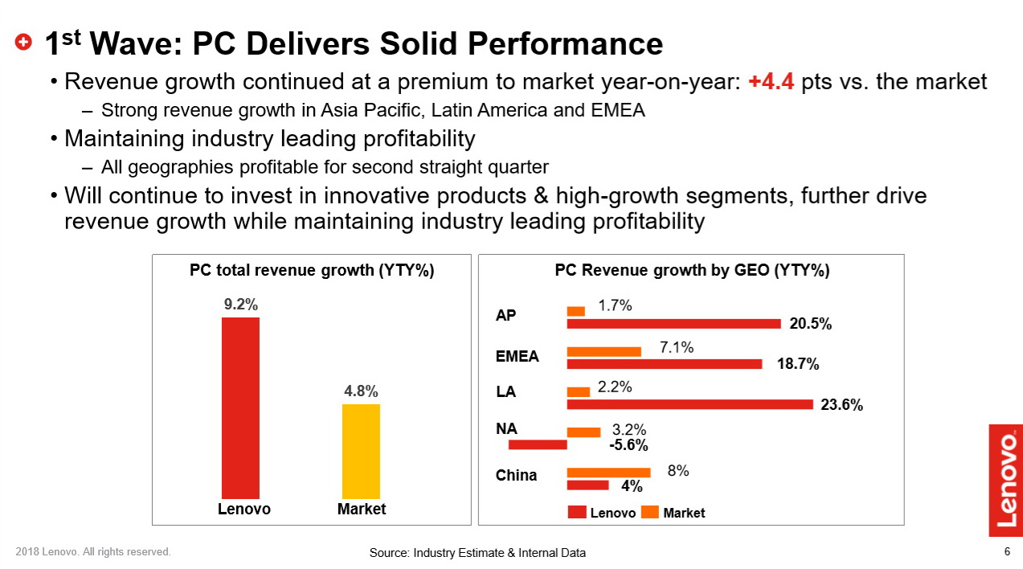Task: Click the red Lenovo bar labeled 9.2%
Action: pos(240,407)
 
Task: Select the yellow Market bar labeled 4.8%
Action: pos(361,451)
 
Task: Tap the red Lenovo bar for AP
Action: pos(673,324)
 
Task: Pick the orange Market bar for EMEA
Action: pos(604,351)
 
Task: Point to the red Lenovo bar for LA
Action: pos(690,404)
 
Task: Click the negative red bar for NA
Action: pos(538,444)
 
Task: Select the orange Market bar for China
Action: pos(608,473)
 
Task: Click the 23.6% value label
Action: pos(841,406)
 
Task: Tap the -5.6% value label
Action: pos(628,445)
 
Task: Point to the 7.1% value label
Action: pos(677,347)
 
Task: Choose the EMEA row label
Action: pos(518,356)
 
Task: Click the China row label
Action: pos(516,475)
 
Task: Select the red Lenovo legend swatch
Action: pos(576,512)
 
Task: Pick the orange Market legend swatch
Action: pos(649,512)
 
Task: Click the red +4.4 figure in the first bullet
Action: pos(771,82)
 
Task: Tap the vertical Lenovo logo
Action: pos(1005,480)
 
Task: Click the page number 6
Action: pos(1007,551)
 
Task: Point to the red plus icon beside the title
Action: pos(24,42)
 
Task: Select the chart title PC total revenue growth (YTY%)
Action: pos(312,271)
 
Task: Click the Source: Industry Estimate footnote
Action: pos(477,553)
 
